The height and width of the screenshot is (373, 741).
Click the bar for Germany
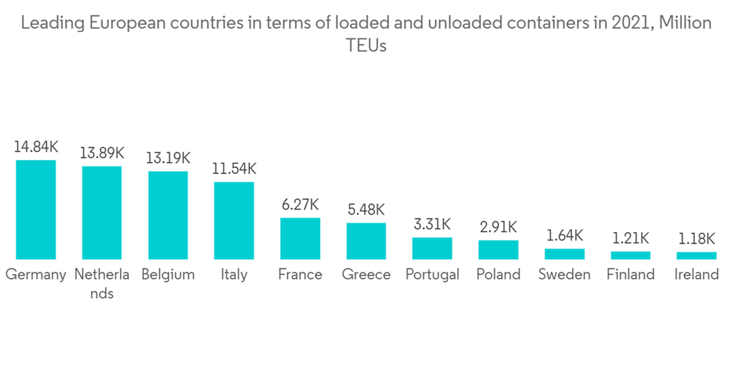coord(36,209)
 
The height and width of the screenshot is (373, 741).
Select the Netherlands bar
coord(102,212)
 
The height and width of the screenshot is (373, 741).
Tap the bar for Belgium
coord(167,215)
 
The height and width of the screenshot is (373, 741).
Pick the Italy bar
coord(234,221)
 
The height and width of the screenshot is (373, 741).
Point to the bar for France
coord(300,238)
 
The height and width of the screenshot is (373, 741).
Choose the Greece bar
coord(366,241)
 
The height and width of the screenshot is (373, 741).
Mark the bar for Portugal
coord(432,248)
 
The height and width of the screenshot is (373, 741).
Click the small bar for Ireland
coord(697,255)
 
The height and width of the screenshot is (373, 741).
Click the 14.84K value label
coord(36,147)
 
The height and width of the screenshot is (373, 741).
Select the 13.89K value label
coord(102,153)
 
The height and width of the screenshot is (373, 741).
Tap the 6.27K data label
coord(300,205)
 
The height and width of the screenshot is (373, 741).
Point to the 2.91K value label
coord(498,227)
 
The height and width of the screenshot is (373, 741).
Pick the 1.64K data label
coord(564,236)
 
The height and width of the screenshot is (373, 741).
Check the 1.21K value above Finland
coord(631,238)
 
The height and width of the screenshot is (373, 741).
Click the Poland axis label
coord(498,275)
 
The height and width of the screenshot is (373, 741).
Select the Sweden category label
coord(564,275)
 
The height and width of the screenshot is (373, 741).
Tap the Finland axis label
coord(631,275)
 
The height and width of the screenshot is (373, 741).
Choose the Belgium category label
coord(167,275)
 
